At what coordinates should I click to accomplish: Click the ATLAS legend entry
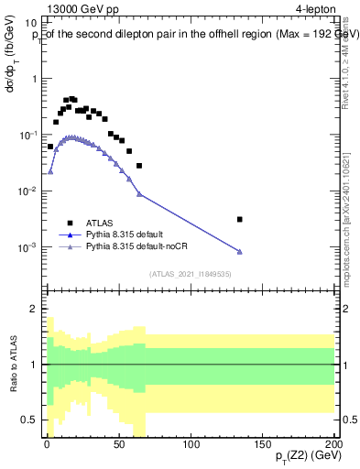click(100, 222)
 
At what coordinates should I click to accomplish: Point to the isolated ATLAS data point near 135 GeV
click(240, 219)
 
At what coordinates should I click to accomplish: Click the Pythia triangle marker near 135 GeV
click(240, 252)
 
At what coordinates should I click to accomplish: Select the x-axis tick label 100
click(191, 442)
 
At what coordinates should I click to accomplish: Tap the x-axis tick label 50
click(119, 442)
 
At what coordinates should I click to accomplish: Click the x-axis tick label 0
click(48, 442)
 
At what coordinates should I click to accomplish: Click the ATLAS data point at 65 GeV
click(139, 166)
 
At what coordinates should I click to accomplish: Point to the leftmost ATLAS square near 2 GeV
click(50, 147)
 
